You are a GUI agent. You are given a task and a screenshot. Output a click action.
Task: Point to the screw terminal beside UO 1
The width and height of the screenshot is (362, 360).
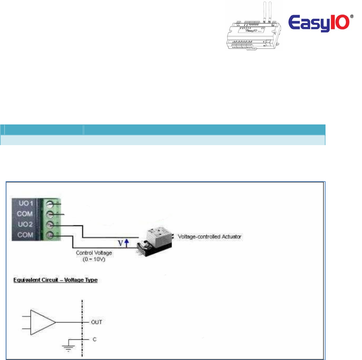tap(51, 203)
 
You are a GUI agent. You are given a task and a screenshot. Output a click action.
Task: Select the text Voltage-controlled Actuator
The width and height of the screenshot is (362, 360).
tap(210, 237)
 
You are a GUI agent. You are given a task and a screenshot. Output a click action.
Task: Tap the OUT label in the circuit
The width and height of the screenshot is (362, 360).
tap(96, 322)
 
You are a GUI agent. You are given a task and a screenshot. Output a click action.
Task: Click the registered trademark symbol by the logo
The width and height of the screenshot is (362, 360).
tap(352, 16)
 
